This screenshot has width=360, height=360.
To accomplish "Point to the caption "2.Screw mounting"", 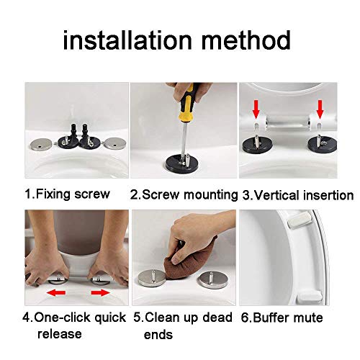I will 184,194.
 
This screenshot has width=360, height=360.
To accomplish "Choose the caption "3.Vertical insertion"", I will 297,194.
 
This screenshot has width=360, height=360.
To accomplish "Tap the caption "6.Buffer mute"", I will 282,317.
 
